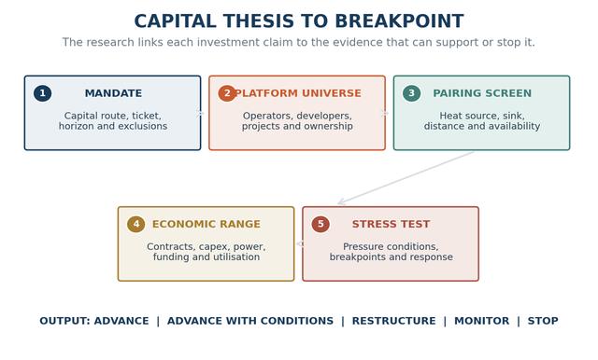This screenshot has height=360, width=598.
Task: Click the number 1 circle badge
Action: pyautogui.click(x=42, y=93)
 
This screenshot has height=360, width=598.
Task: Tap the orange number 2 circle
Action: pyautogui.click(x=227, y=93)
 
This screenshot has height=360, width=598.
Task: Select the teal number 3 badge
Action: pyautogui.click(x=411, y=93)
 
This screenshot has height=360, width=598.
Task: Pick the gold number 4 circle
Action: pyautogui.click(x=135, y=224)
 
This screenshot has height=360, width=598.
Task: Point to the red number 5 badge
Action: pyautogui.click(x=320, y=224)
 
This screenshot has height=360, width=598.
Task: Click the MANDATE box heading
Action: pyautogui.click(x=113, y=93)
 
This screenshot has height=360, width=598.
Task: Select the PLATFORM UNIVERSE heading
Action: pyautogui.click(x=298, y=93)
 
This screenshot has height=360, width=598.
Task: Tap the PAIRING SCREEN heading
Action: pyautogui.click(x=482, y=93)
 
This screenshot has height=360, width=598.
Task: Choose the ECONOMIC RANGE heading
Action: pyautogui.click(x=206, y=224)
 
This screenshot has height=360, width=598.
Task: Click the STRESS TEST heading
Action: pyautogui.click(x=391, y=224)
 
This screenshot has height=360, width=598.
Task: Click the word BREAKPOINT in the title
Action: pyautogui.click(x=399, y=21)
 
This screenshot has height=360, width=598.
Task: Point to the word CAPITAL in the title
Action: pyautogui.click(x=176, y=21)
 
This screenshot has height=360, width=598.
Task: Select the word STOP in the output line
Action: pyautogui.click(x=543, y=321)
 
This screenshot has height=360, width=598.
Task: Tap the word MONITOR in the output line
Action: pyautogui.click(x=482, y=321)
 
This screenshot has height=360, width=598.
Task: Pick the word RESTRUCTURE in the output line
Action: pyautogui.click(x=393, y=321)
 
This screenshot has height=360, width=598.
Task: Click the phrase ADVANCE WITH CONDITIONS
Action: pyautogui.click(x=250, y=321)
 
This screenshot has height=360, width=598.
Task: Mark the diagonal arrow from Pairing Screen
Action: pyautogui.click(x=406, y=178)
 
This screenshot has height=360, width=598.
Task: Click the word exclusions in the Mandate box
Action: pyautogui.click(x=143, y=126)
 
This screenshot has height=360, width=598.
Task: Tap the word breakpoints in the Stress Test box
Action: pyautogui.click(x=357, y=257)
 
